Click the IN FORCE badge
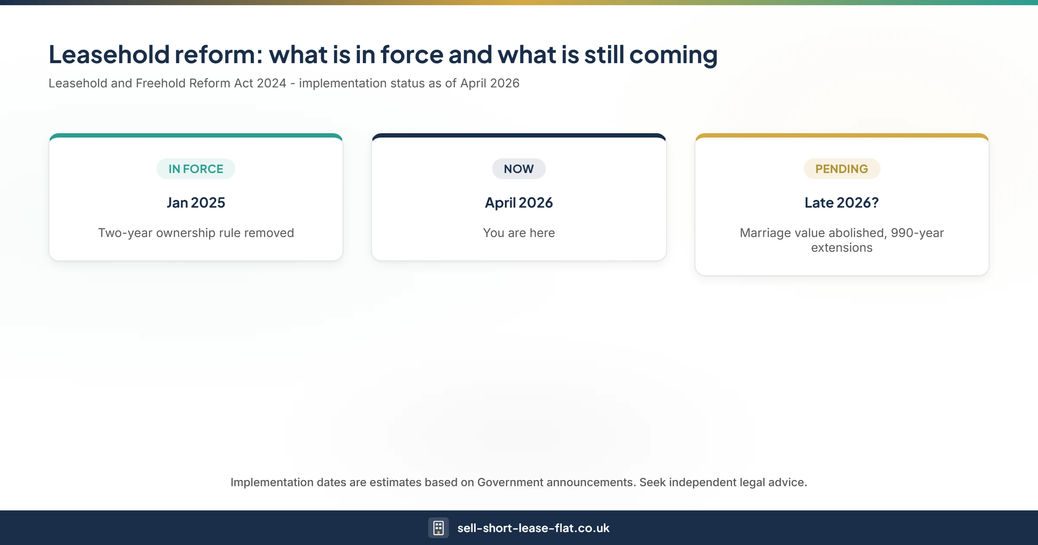pos(195,169)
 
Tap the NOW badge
pos(519,169)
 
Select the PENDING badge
pos(842,169)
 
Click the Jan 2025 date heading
pos(196,202)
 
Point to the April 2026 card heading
pos(519,202)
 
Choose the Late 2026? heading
pos(842,202)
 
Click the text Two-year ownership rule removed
pos(196,233)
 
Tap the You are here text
pos(519,233)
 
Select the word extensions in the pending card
pos(842,247)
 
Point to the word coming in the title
pos(673,55)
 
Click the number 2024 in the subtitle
pos(271,83)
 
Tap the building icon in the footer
pos(438,528)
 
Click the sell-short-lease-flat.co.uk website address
pos(533,528)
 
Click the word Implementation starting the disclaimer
pos(272,482)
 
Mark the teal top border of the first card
pos(196,135)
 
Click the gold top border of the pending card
pos(842,135)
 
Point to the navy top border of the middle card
pos(519,135)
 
